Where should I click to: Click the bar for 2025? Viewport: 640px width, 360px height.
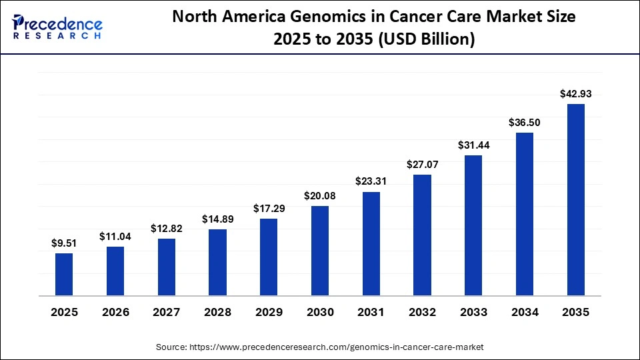pos(64,274)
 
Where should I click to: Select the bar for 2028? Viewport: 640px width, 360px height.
pos(217,262)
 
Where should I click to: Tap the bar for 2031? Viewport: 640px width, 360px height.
pos(371,243)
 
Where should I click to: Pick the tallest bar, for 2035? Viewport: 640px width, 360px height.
pos(575,199)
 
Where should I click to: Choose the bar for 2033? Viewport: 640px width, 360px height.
pos(473,225)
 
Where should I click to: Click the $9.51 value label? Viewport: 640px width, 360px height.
pos(64,243)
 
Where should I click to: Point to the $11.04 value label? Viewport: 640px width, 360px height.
pos(115,236)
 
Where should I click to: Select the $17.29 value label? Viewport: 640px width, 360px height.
pos(269,209)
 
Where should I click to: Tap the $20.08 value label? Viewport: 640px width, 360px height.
pos(320,195)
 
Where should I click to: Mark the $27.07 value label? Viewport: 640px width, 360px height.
pos(422,164)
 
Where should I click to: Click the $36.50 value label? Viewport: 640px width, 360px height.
pos(525,122)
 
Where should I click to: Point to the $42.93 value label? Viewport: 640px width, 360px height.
pos(575,94)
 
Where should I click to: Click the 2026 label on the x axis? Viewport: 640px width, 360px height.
pos(115,312)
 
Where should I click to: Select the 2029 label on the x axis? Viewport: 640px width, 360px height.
pos(269,312)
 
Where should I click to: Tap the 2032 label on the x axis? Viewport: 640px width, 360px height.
pos(422,312)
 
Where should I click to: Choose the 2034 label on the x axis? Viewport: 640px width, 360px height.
pos(525,312)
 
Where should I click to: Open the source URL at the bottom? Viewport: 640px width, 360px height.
pos(320,347)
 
